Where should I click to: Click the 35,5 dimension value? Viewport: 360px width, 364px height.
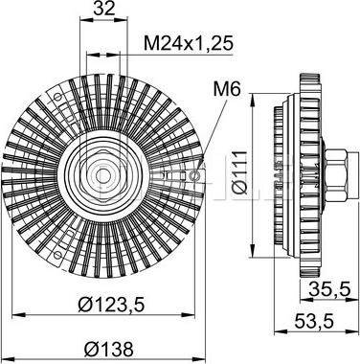pos(326,287)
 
